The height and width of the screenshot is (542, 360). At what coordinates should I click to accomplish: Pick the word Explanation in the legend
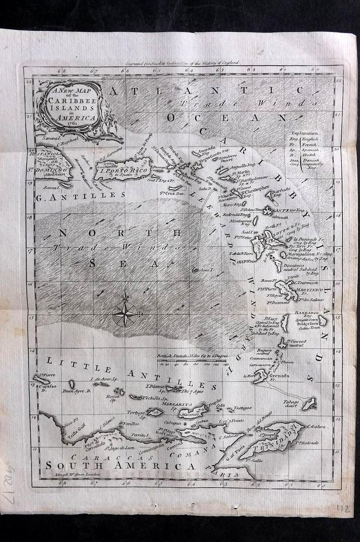click(x=306, y=133)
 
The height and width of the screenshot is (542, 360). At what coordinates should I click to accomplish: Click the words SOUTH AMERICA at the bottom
click(x=120, y=465)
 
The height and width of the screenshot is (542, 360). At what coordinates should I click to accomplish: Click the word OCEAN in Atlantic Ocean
click(x=227, y=118)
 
